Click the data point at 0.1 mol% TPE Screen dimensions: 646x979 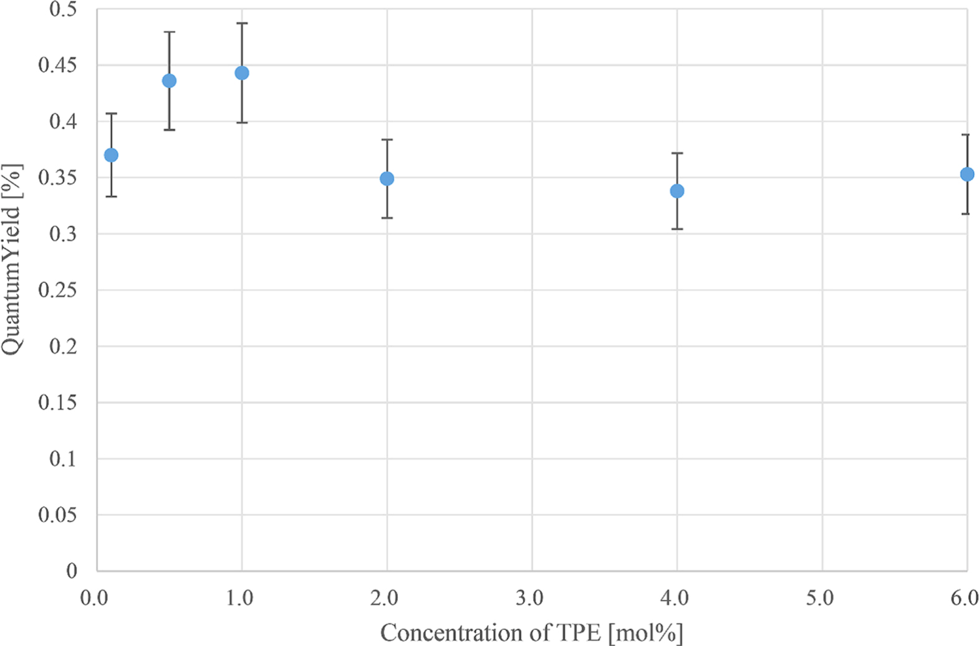click(x=111, y=155)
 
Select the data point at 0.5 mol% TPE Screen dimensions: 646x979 click(x=169, y=81)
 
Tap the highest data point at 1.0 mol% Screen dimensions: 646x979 click(x=242, y=73)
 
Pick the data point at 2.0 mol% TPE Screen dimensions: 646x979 click(x=387, y=179)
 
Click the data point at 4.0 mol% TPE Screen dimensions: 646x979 click(x=677, y=191)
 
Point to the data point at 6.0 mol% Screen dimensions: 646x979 click(x=967, y=174)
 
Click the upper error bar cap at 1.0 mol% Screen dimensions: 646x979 click(x=242, y=23)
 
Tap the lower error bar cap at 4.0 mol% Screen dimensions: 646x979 click(x=677, y=229)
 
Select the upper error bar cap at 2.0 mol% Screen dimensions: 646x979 click(x=387, y=140)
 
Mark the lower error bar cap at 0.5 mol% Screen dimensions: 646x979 click(x=169, y=130)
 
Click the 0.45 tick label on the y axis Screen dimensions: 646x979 click(x=57, y=65)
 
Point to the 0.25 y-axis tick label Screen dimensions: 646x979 click(x=57, y=290)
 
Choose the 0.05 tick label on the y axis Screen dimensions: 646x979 click(x=57, y=515)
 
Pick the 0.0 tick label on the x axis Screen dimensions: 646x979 click(x=95, y=598)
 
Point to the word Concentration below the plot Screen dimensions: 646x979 click(x=443, y=633)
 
